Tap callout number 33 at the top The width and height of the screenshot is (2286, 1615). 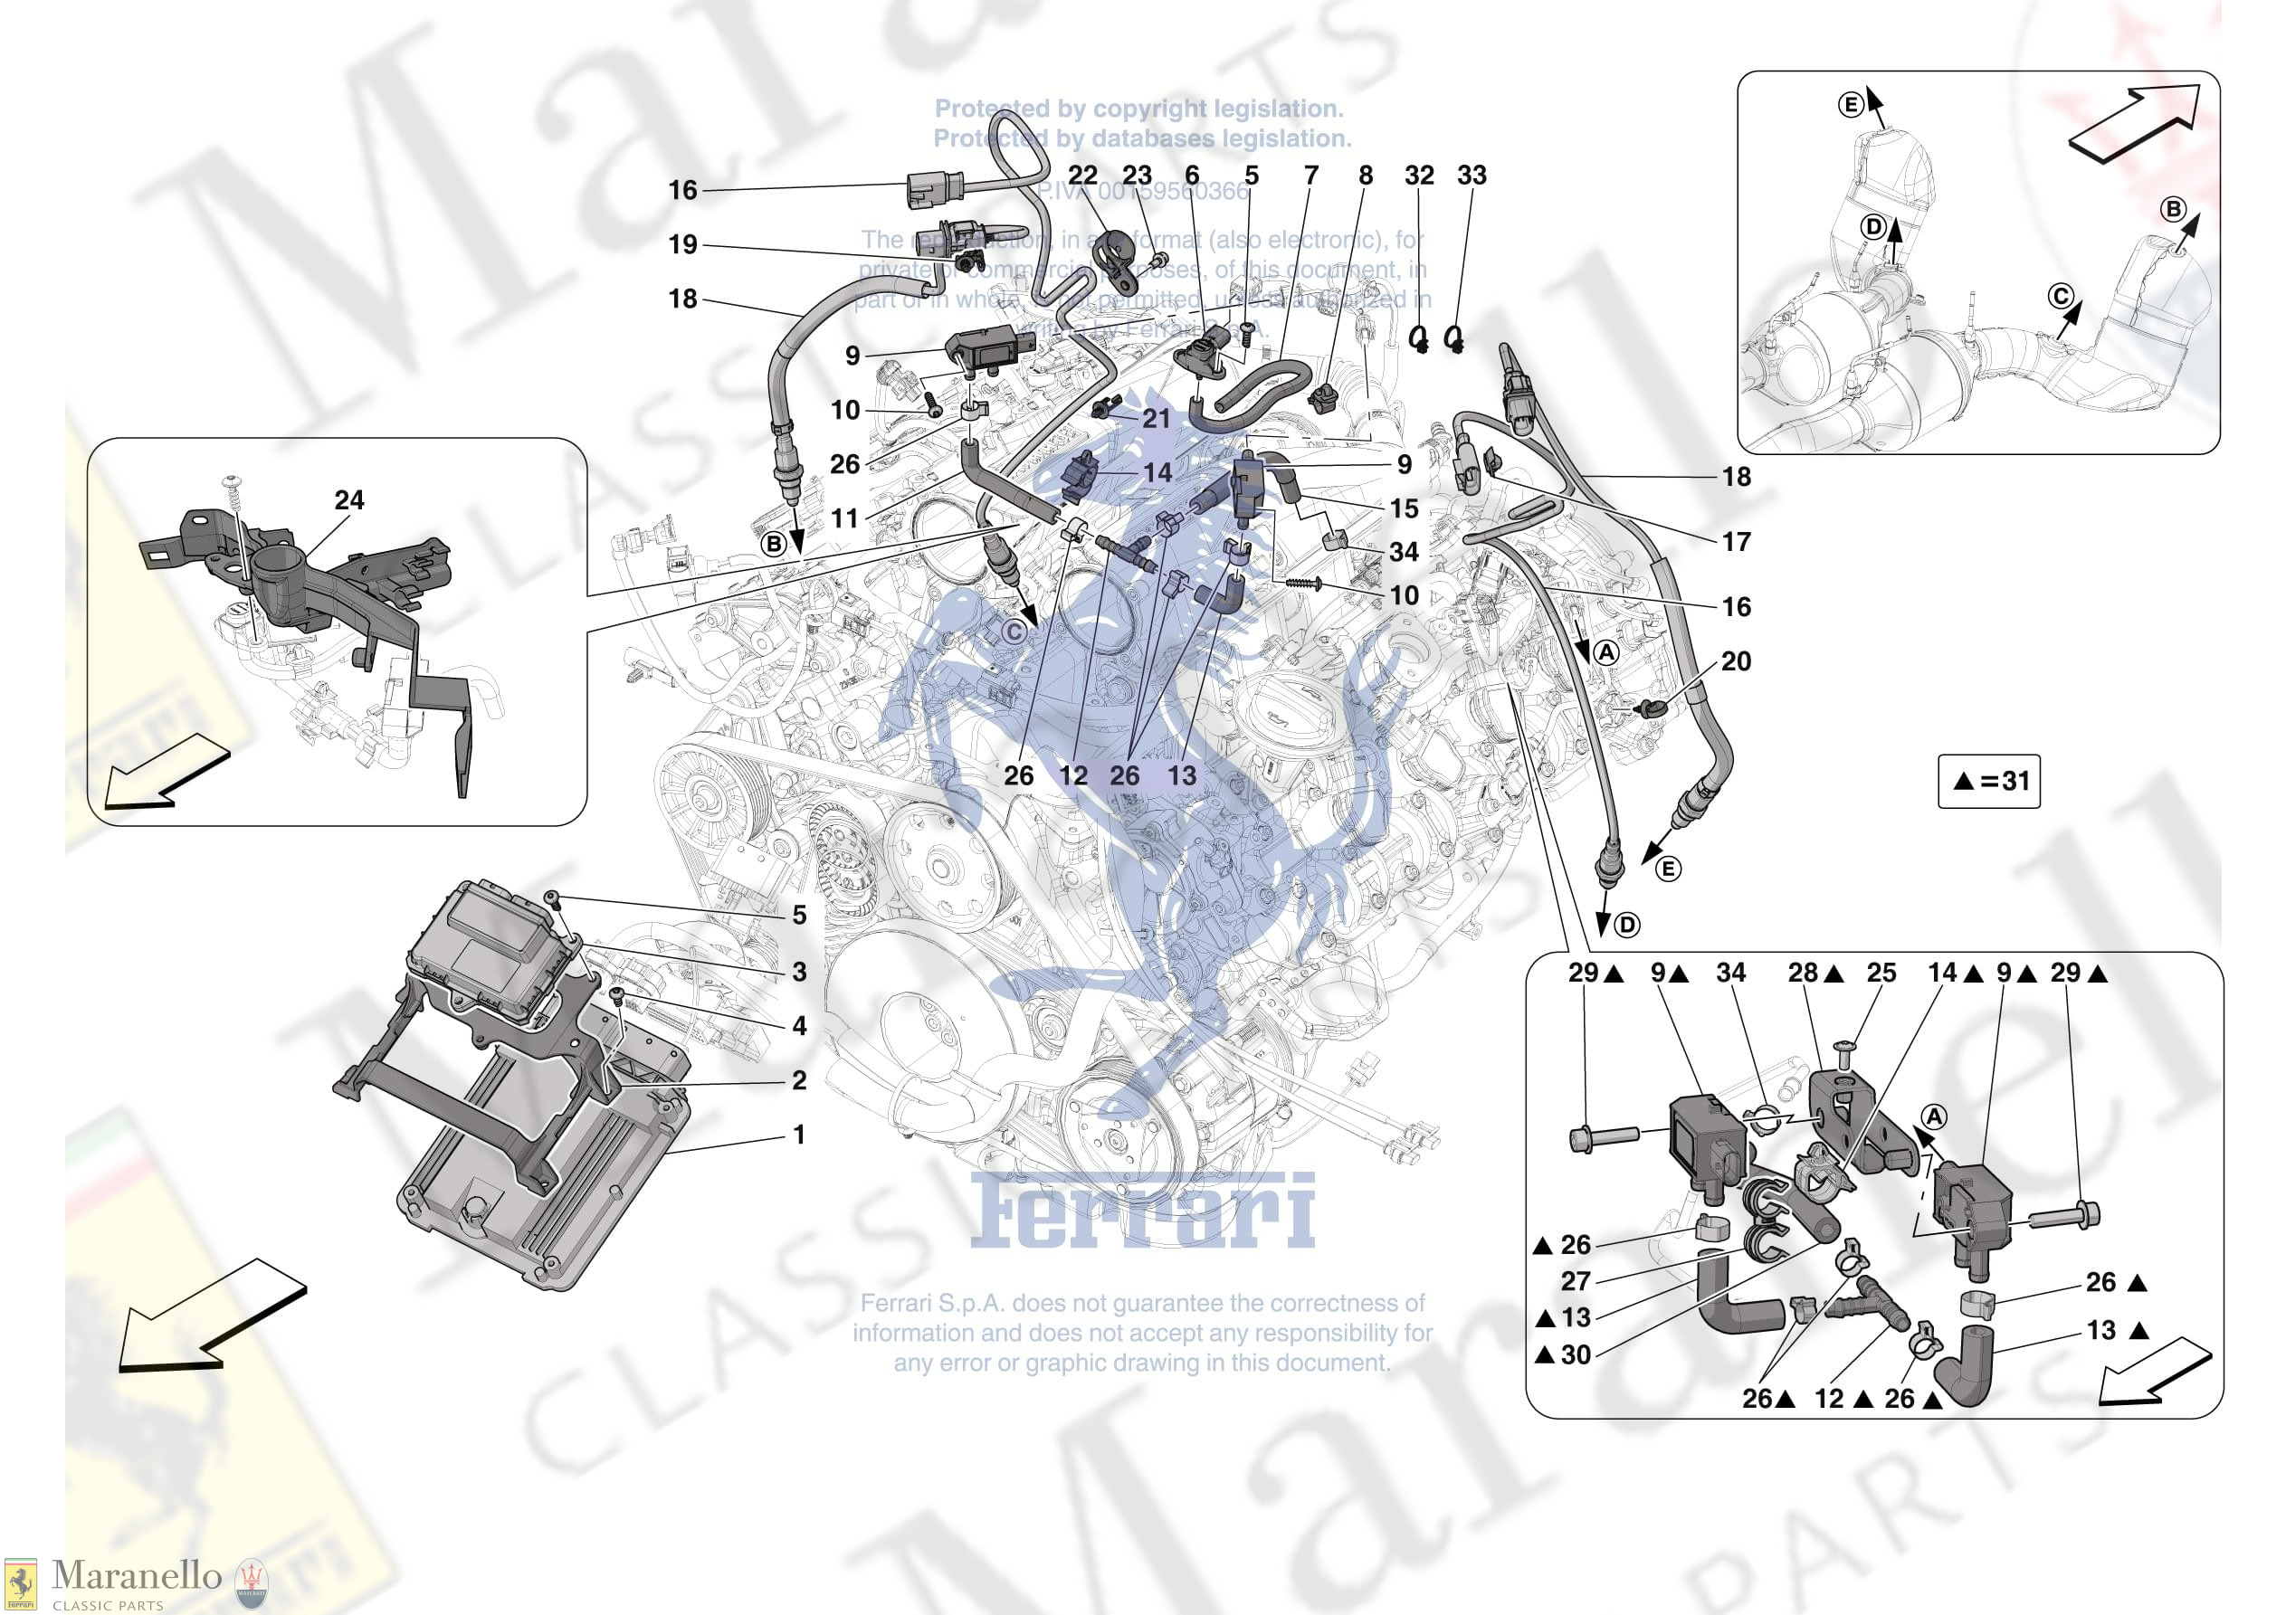click(1472, 176)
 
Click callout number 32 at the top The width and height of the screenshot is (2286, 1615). click(1419, 176)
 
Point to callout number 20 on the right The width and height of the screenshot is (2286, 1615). click(1736, 661)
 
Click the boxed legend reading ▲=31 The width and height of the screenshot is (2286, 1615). click(1988, 781)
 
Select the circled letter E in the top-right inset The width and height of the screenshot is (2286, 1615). click(1850, 105)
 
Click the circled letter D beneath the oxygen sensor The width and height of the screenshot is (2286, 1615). click(1626, 925)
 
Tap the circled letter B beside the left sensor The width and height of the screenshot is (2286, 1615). click(774, 544)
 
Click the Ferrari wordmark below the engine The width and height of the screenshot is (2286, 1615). click(1142, 1211)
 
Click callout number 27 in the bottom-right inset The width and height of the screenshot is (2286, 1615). click(1575, 1280)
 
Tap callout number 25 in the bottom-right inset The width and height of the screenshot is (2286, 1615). click(1881, 973)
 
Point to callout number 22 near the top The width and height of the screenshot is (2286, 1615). click(1082, 176)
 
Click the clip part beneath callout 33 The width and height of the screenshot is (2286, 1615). click(1454, 341)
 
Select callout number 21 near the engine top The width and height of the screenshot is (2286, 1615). click(1156, 418)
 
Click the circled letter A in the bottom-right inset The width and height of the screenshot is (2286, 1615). click(1932, 1117)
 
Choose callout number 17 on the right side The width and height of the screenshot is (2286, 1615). click(1736, 542)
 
